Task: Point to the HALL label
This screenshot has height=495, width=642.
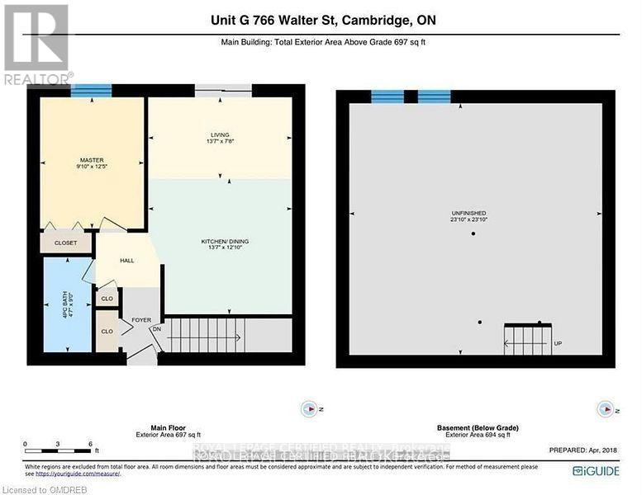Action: [126, 261]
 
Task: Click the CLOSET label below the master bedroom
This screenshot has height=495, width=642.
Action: [65, 243]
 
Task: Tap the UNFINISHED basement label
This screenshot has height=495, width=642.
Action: [473, 216]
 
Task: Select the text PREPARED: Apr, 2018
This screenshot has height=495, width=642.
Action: [583, 450]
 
